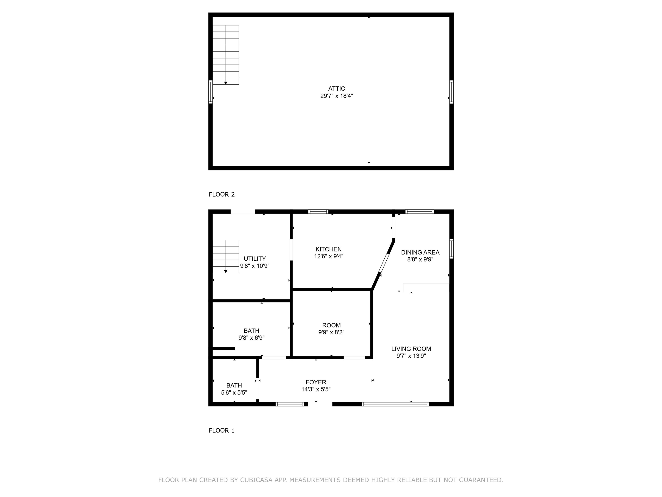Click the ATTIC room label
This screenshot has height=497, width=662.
pos(336,89)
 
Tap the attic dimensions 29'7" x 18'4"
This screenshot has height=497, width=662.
pos(337,96)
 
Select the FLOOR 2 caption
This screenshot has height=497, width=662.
pos(222,194)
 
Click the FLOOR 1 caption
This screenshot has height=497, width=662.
pos(222,431)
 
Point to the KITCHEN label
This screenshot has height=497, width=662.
pos(329,249)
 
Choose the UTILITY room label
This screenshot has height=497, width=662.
pos(255,259)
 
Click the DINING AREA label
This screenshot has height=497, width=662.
pos(420,253)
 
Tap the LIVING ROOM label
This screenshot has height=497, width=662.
pos(411,349)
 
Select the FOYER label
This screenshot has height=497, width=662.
pos(316,382)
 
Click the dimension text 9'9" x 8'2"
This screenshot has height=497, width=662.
pos(331,332)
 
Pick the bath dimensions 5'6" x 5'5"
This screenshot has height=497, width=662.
pos(234,392)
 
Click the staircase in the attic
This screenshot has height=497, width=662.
pos(226,55)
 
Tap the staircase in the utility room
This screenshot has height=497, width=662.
pos(226,256)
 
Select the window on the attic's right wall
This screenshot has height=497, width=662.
pos(451,92)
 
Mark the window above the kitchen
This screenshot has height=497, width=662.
pos(319,211)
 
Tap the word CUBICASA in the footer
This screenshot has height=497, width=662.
pos(256,480)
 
